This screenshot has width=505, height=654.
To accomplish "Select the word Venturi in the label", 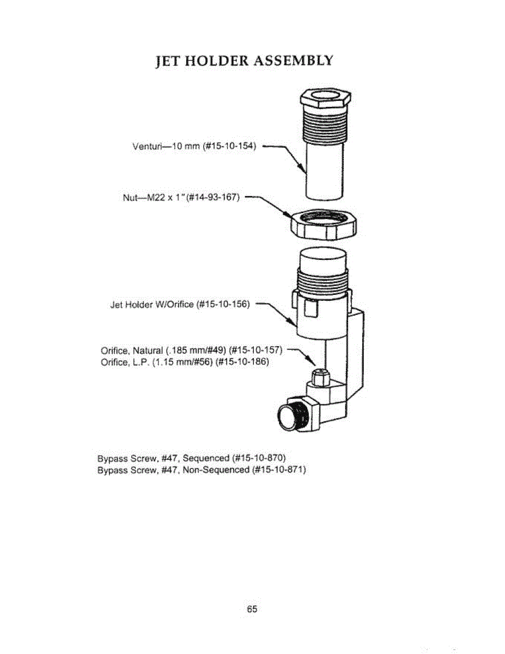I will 146,147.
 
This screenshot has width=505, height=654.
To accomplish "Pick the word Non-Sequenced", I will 216,469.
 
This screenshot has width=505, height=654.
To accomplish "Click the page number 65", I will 252,609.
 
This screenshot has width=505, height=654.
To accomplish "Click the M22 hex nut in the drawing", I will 323,224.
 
